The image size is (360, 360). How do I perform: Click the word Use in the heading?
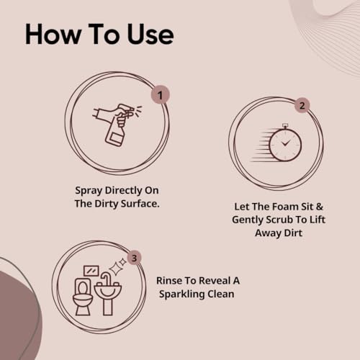(148, 34)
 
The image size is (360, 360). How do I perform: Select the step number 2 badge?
(302, 106)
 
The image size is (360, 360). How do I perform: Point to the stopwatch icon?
(284, 144)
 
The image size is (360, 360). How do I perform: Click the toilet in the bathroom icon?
(83, 300)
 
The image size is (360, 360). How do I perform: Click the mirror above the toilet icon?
(91, 271)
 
